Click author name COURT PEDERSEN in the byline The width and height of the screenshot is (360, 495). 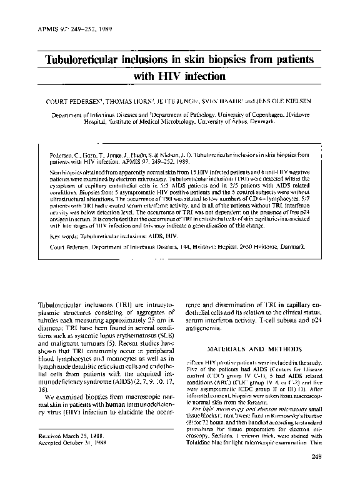click(64, 100)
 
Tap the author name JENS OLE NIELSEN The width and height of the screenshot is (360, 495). click(289, 100)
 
